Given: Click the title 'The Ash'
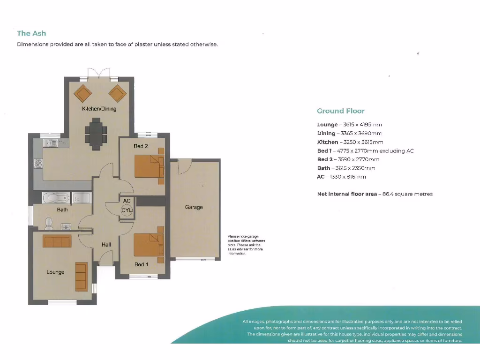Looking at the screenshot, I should coord(31,33).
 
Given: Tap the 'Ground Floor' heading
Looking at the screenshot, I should coord(340,111).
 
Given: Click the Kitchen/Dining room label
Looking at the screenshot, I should coord(99,109).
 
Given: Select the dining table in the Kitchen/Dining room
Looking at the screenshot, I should coord(96,134).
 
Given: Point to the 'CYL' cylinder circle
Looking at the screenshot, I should coord(127,210).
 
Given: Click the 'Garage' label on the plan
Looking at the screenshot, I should coord(194,207).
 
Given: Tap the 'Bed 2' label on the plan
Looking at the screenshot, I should coord(141,146).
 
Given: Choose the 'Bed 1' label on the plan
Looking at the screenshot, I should coord(141,264).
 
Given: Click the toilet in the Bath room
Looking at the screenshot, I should coord(49,224).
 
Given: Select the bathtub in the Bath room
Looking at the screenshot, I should coord(56,198).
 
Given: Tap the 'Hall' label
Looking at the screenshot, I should coord(106,245).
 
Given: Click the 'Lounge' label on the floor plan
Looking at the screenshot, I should coord(55,272).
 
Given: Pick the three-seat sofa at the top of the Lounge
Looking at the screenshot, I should coord(57,241).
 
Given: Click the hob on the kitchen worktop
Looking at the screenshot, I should coord(38,164).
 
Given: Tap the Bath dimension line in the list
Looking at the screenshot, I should coord(346,168).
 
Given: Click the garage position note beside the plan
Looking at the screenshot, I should coord(246,245).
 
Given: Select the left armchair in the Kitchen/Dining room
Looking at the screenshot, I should coord(82,93).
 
